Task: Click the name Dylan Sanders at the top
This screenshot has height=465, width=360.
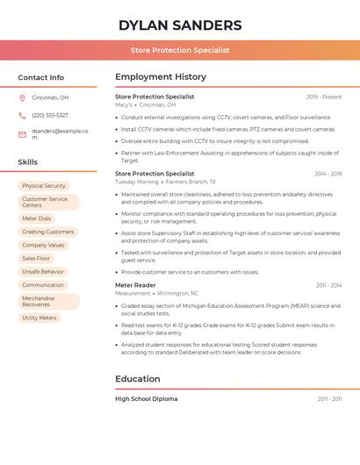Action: pyautogui.click(x=180, y=25)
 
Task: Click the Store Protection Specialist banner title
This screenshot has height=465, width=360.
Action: pyautogui.click(x=180, y=50)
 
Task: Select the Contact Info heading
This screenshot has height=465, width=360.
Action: pyautogui.click(x=40, y=77)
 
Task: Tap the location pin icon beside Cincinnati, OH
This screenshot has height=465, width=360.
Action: pyautogui.click(x=22, y=97)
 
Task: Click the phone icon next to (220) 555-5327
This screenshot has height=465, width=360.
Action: pyautogui.click(x=22, y=115)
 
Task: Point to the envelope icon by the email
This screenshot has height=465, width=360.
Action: pyautogui.click(x=22, y=134)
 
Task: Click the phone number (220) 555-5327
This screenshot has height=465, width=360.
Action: pyautogui.click(x=49, y=115)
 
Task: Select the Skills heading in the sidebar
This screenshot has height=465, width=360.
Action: pyautogui.click(x=28, y=162)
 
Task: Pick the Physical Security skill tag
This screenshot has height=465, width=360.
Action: pyautogui.click(x=44, y=186)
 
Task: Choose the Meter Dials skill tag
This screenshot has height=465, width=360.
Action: pyautogui.click(x=37, y=218)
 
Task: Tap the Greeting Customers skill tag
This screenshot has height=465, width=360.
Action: pyautogui.click(x=47, y=232)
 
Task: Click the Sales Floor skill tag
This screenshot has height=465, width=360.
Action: pyautogui.click(x=36, y=259)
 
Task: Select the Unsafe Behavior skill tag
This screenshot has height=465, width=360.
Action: pyautogui.click(x=43, y=272)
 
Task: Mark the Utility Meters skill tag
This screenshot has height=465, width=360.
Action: pyautogui.click(x=40, y=318)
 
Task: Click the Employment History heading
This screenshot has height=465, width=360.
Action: pyautogui.click(x=161, y=77)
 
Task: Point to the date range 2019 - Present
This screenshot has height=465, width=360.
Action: pyautogui.click(x=324, y=97)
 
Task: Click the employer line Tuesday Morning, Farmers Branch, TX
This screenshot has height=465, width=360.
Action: pyautogui.click(x=165, y=182)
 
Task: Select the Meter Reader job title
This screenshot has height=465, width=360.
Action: pyautogui.click(x=135, y=285)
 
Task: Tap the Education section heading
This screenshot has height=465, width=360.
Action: pyautogui.click(x=138, y=379)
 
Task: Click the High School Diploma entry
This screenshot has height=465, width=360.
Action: pyautogui.click(x=146, y=399)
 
